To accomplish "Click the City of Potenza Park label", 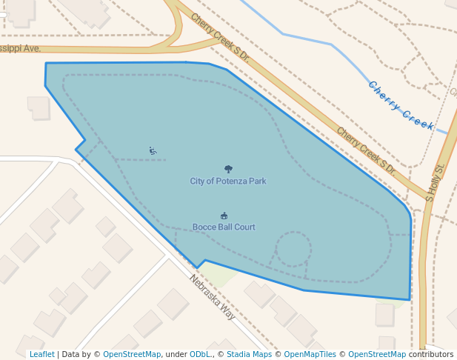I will tap(228, 181).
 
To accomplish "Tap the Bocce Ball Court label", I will tap(224, 227).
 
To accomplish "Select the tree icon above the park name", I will tap(228, 170).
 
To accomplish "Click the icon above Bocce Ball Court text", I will tap(224, 216).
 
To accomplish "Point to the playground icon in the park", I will tap(153, 151).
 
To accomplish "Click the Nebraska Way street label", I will tap(212, 297).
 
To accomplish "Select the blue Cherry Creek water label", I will tap(401, 105).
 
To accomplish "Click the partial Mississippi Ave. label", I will tap(21, 48).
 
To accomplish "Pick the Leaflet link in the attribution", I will tap(41, 354).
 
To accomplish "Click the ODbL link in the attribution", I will tap(200, 354).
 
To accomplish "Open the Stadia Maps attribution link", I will tap(249, 354).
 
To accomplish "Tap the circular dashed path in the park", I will tap(293, 249).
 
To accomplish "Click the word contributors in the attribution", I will tap(431, 354).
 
